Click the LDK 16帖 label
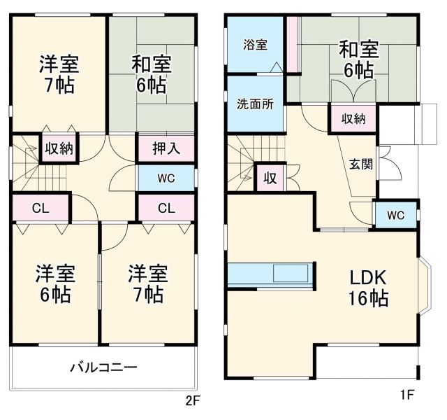point(369,287)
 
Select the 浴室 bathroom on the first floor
point(255,45)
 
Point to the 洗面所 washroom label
point(255,104)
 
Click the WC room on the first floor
point(396,215)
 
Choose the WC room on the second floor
point(166,178)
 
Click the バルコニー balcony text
point(103,367)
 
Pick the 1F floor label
point(407,394)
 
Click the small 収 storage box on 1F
point(270,178)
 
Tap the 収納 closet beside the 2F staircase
point(58,148)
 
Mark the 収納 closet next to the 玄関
point(353,118)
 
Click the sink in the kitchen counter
point(288,272)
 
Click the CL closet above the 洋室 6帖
point(40,208)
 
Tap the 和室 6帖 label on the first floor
point(358,59)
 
